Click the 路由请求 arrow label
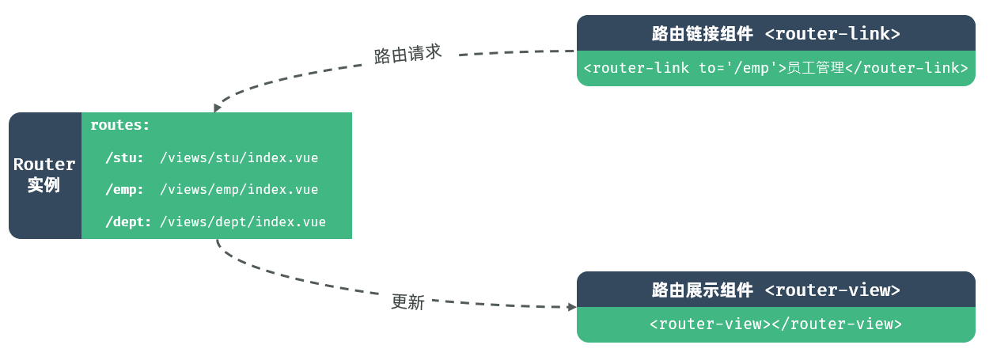[x=407, y=54]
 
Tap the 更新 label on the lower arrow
[x=407, y=301]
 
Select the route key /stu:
[x=125, y=157]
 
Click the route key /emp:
[x=125, y=190]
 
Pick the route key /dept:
[x=128, y=222]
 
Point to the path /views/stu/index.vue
[x=239, y=157]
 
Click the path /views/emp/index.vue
[x=239, y=190]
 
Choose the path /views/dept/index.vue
[x=243, y=222]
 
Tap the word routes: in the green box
[x=120, y=125]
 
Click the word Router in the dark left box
[x=44, y=165]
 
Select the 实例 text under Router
[x=44, y=186]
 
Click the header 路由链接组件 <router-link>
[x=775, y=34]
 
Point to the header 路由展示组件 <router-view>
[x=775, y=290]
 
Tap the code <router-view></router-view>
[x=775, y=324]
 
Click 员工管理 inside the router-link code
[x=816, y=68]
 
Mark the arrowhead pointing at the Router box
[x=218, y=108]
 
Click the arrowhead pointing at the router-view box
[x=571, y=307]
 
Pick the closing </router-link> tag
[x=907, y=68]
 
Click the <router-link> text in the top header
[x=832, y=34]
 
